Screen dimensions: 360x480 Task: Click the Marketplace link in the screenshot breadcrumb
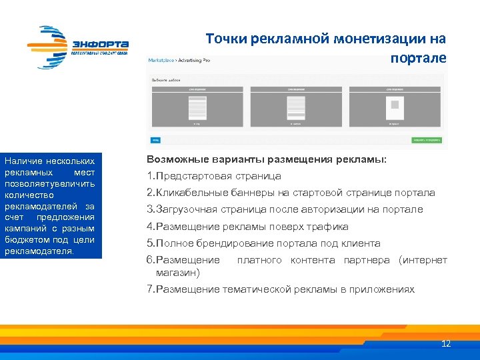(161, 60)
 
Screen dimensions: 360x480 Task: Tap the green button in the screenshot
(427, 141)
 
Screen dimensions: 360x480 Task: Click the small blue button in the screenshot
(155, 141)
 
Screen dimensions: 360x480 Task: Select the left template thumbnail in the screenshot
(197, 107)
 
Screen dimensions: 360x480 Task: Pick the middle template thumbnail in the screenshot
(295, 107)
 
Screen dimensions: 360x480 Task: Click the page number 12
(446, 344)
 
